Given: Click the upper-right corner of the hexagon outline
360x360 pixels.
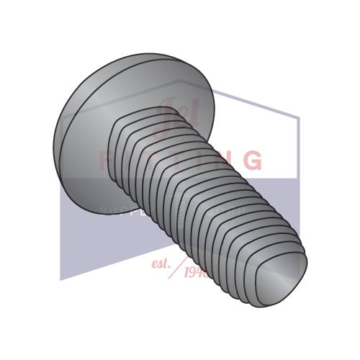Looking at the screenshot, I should click(297, 117).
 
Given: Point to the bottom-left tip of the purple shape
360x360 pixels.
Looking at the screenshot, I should click(61, 279).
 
